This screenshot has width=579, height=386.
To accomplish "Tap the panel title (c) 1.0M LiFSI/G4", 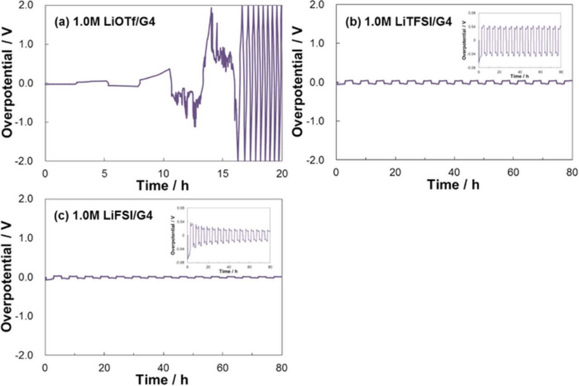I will tap(104, 216).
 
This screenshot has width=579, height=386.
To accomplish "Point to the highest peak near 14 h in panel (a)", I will tap(211, 8).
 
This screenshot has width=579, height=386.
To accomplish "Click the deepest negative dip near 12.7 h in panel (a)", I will tap(195, 127).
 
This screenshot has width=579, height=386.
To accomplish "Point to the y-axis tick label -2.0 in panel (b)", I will tap(320, 160).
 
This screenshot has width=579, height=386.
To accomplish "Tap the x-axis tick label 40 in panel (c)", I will tap(163, 367).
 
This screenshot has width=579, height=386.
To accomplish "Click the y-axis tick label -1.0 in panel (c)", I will tap(30, 316).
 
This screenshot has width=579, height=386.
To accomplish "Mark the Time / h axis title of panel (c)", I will tap(163, 379).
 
